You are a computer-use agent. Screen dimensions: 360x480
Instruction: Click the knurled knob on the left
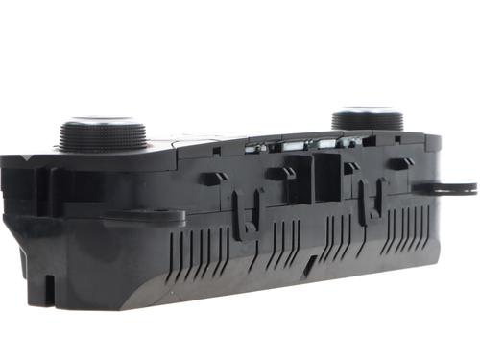point(103,133)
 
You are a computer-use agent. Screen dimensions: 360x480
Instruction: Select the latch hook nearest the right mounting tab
point(399,163)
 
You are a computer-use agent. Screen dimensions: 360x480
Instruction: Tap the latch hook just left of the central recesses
point(280,174)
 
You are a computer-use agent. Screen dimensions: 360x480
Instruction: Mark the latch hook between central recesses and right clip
point(350,168)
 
